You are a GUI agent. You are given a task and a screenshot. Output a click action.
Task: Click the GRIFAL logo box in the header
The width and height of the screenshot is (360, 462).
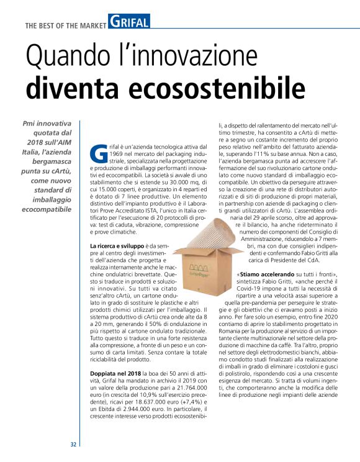point(128,23)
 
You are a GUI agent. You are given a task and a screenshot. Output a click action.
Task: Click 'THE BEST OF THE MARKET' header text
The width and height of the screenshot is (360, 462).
point(65,25)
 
